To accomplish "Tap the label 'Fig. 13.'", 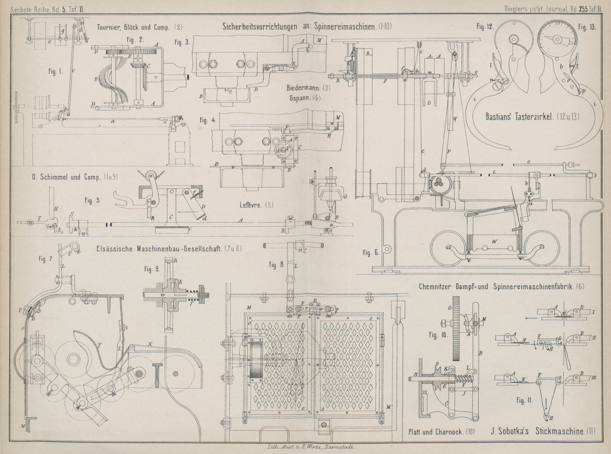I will [587, 27].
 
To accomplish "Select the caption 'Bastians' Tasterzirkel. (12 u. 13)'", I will [532, 117].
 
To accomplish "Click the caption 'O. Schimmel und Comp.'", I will [67, 177].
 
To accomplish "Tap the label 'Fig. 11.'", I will [524, 400].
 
